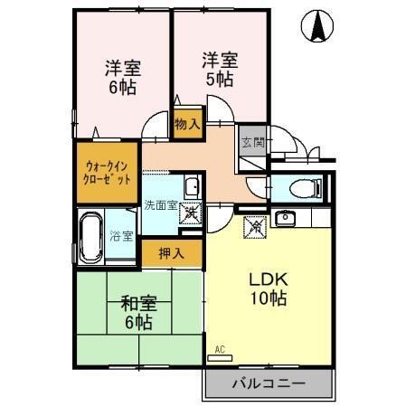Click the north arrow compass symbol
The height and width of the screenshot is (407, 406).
(x=318, y=27)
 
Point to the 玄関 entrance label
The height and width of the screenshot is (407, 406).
(x=252, y=142)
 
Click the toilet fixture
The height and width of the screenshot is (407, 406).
(x=303, y=188)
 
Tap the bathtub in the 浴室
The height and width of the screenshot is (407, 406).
(x=90, y=237)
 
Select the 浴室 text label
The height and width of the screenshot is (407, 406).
(x=122, y=236)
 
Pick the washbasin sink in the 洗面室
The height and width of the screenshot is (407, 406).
(x=192, y=188)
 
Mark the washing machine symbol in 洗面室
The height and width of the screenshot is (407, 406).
(x=192, y=215)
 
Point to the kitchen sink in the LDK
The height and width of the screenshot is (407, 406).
(x=287, y=217)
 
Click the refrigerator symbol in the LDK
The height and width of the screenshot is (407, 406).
(x=253, y=227)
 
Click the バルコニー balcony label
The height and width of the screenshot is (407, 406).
(x=270, y=383)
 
